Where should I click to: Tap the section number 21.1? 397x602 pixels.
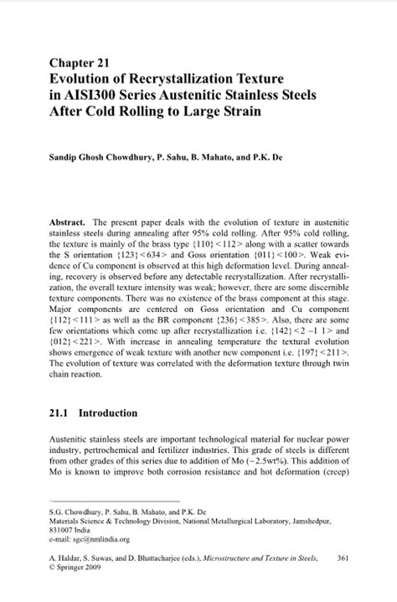(60, 413)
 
